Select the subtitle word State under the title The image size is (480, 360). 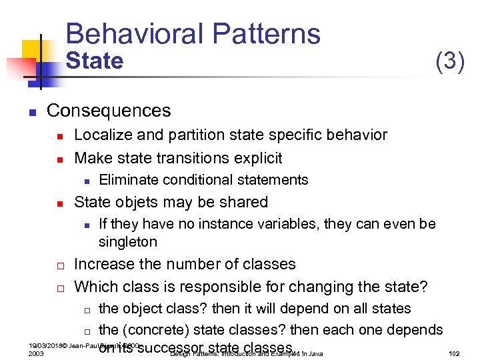point(95,61)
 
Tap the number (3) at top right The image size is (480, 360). point(449,61)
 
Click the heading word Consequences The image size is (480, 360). point(109,111)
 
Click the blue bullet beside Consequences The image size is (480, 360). point(31,111)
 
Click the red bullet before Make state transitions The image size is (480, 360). point(59,159)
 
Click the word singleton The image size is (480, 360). point(127,242)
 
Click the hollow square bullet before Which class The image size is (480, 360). point(59,288)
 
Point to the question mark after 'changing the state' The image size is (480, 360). point(423,287)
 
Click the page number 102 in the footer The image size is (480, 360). point(455,353)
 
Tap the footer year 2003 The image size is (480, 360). point(37,353)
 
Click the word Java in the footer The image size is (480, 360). point(316,353)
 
